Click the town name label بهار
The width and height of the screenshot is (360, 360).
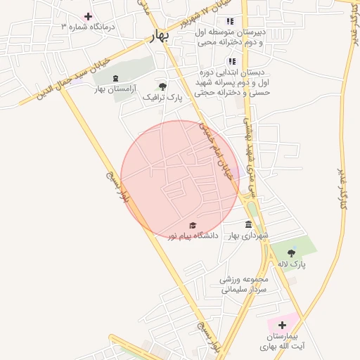161,37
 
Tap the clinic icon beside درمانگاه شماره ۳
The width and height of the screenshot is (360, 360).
88,16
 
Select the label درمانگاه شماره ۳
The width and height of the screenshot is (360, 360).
87,27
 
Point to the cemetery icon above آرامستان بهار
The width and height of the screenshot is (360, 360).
115,78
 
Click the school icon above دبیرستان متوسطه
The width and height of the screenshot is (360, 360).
230,20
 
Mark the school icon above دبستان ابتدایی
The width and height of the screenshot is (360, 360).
231,61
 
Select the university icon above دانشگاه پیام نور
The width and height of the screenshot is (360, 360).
193,225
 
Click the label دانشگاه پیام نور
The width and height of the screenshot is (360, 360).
193,236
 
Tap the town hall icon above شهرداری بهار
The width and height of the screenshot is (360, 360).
247,225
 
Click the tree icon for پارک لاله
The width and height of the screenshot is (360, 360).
291,252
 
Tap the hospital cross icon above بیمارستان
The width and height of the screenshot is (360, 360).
282,325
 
